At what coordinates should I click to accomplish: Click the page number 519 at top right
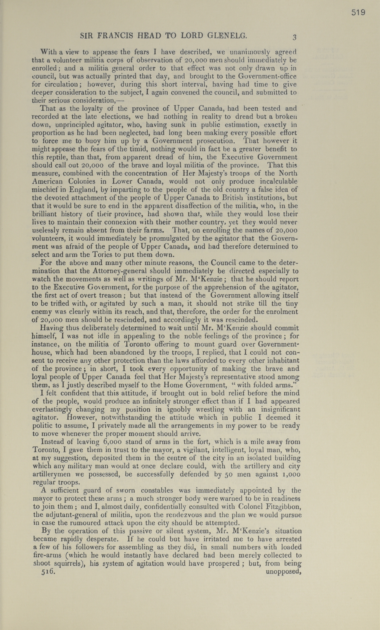tap(358, 13)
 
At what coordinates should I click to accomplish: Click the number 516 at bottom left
tap(48, 572)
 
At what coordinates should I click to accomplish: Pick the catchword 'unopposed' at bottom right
tap(283, 572)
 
